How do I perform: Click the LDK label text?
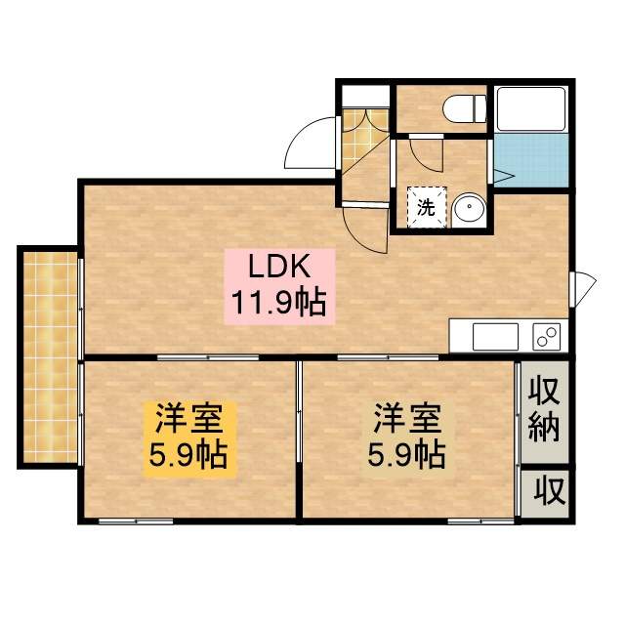[x=281, y=265]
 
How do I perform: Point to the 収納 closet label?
[x=544, y=410]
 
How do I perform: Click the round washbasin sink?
[x=469, y=207]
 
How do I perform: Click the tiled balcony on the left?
[x=49, y=356]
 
